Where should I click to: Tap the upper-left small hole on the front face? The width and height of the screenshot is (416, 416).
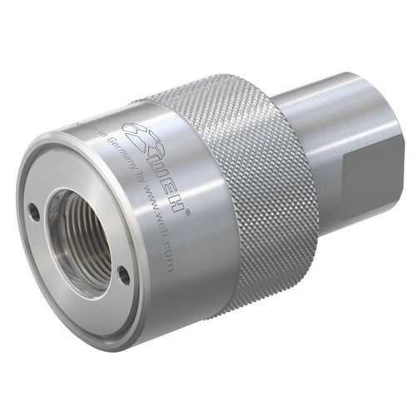pyautogui.click(x=34, y=211)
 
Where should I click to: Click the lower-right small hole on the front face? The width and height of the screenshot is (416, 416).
pyautogui.click(x=122, y=277)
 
